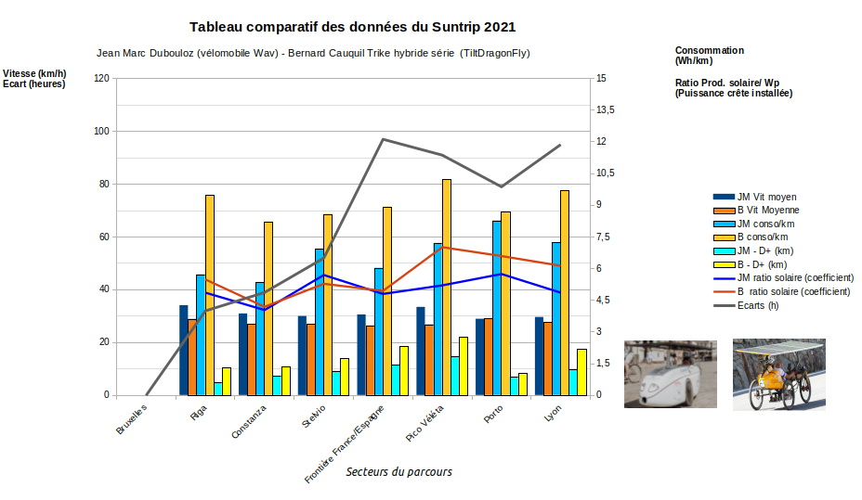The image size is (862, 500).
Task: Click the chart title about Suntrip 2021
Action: [352, 28]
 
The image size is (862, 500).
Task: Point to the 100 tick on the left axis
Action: [100, 132]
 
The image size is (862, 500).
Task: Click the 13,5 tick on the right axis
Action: [606, 110]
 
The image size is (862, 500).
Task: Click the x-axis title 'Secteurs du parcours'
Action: [398, 471]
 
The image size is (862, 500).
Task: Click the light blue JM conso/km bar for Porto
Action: [497, 308]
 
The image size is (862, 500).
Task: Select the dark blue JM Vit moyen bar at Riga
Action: [184, 350]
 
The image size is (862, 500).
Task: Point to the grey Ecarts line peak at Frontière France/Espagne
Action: [384, 139]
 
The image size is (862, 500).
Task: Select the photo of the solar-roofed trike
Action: [778, 373]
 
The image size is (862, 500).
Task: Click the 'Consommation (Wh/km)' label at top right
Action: [709, 56]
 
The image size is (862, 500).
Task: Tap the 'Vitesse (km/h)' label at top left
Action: [34, 73]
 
